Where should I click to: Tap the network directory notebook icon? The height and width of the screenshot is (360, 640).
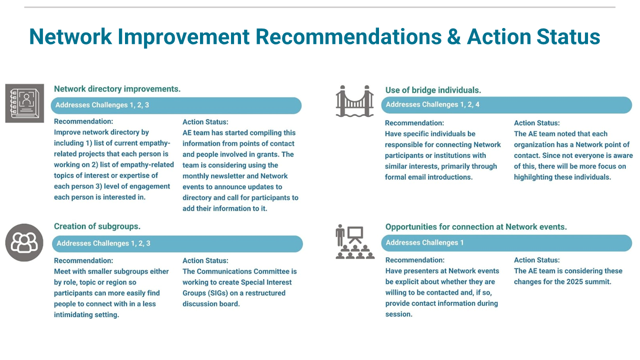click(24, 103)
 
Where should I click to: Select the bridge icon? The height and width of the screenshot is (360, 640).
click(354, 101)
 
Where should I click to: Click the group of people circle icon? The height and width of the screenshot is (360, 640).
click(24, 242)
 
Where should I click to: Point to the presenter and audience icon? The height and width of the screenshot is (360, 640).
click(355, 241)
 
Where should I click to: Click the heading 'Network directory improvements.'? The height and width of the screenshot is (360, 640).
click(117, 89)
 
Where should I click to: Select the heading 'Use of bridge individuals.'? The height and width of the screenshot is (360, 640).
click(433, 90)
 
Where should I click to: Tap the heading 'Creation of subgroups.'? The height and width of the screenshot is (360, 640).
click(97, 226)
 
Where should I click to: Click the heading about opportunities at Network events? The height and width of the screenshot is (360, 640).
click(476, 227)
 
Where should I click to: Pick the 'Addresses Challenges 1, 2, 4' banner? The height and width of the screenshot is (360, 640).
click(506, 105)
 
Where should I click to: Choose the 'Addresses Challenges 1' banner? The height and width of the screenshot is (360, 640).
click(506, 243)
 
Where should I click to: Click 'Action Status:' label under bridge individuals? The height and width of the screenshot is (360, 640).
click(537, 123)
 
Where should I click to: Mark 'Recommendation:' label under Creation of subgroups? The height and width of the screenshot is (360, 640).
click(83, 260)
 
